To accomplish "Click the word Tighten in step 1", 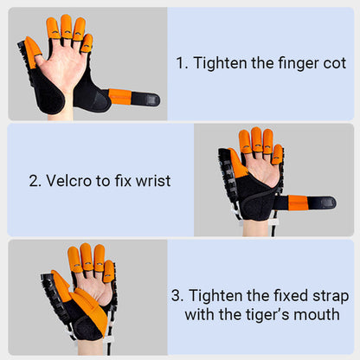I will point(220,63).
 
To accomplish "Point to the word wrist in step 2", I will point(151,181).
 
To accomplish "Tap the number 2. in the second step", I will point(35,181).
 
